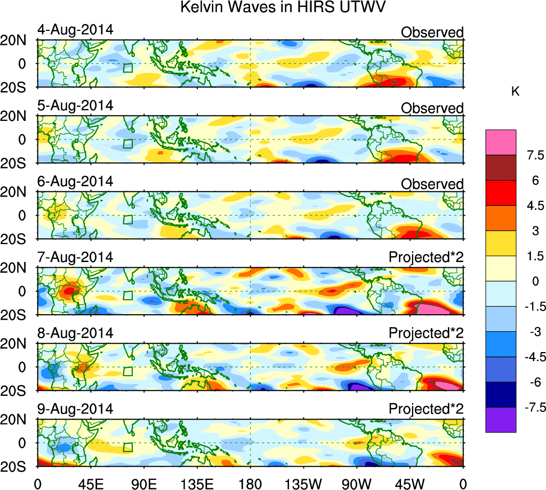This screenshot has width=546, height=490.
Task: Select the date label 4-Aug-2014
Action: click(x=75, y=30)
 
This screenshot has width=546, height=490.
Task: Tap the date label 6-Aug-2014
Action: click(x=75, y=181)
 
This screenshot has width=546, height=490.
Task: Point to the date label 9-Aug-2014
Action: click(x=75, y=409)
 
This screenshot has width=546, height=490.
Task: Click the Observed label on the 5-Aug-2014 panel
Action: click(x=432, y=108)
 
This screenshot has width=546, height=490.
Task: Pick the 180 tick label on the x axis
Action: click(x=251, y=482)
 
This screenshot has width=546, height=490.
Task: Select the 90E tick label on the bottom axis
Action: click(x=142, y=482)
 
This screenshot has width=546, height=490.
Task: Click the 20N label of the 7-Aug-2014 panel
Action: click(x=18, y=267)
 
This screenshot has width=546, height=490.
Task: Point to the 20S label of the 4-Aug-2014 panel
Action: click(x=18, y=87)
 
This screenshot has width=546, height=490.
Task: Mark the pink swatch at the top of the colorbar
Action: click(x=501, y=142)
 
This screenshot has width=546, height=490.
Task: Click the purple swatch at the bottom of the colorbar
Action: click(x=501, y=420)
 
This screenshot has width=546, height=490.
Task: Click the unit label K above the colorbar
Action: click(x=515, y=92)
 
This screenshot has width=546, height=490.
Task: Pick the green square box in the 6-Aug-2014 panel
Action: click(x=127, y=219)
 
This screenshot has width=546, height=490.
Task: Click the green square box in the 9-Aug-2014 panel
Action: click(x=127, y=447)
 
